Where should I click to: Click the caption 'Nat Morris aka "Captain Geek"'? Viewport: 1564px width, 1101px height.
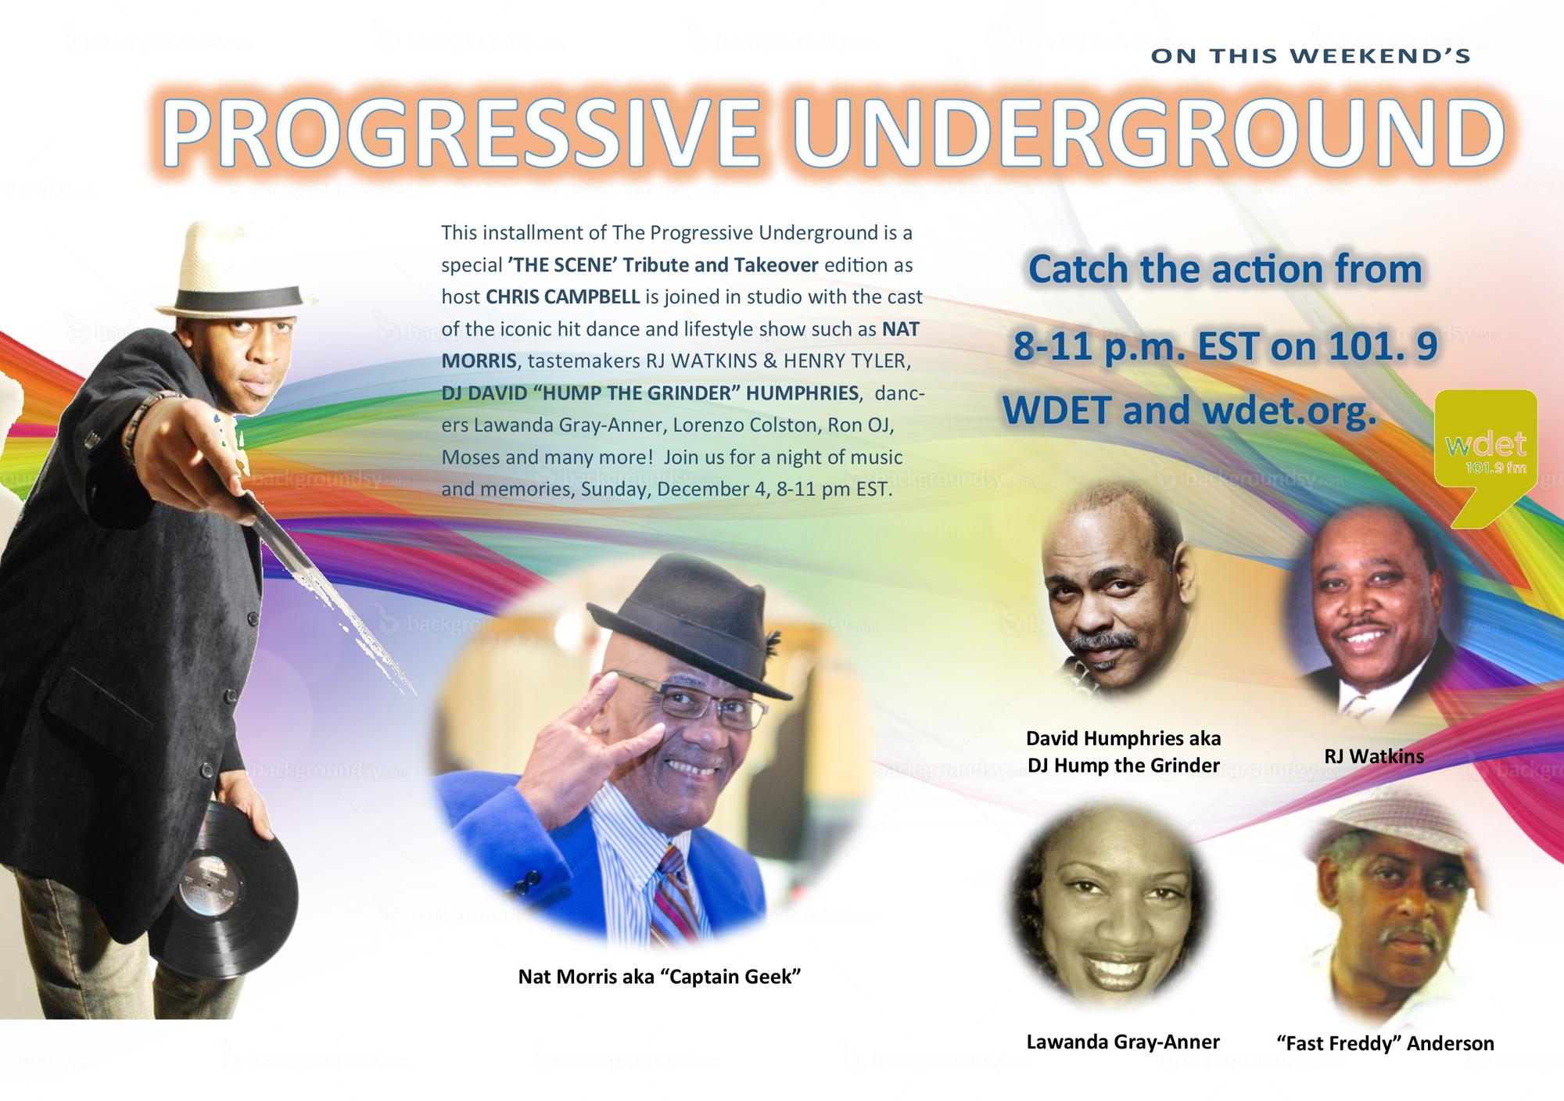660,977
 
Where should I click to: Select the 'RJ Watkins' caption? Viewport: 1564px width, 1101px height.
1374,756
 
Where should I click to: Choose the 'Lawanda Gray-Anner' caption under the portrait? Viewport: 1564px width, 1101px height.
1123,1042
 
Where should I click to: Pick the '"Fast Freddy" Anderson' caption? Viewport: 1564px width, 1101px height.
1385,1043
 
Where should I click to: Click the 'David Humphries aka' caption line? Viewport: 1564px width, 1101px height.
1123,738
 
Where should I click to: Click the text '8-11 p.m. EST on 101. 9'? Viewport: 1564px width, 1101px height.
1225,346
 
